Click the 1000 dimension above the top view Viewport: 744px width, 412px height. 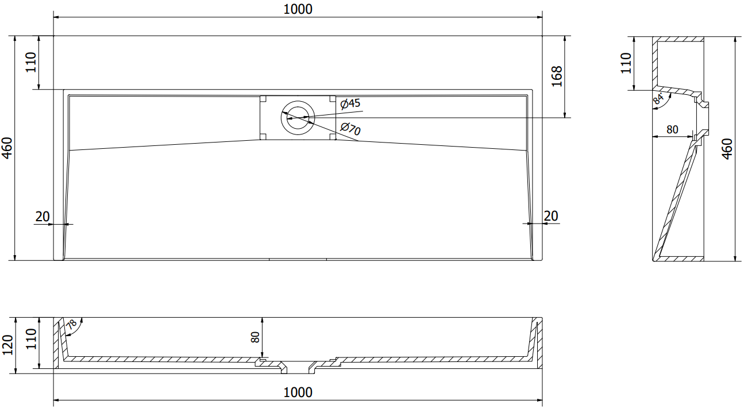coord(298,9)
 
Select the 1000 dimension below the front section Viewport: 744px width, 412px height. coord(298,392)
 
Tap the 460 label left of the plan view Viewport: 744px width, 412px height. coord(7,148)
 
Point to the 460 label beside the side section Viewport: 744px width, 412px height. coord(726,149)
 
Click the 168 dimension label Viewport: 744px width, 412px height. coord(556,76)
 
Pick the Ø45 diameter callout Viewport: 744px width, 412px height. coord(350,103)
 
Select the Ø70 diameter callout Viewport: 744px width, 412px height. coord(350,129)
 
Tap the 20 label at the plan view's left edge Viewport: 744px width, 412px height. coord(43,217)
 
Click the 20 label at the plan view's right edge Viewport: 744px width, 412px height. coord(550,216)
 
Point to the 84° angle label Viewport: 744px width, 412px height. coord(658,98)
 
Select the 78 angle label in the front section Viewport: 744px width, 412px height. coord(71,325)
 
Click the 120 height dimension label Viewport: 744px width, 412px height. coord(7,345)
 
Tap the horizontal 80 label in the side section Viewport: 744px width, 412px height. coord(672,130)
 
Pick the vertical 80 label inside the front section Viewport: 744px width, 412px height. coord(256,337)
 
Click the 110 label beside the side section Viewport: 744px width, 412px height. coord(626,63)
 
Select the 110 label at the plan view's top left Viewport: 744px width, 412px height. coord(30,62)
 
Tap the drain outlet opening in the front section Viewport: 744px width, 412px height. coord(298,366)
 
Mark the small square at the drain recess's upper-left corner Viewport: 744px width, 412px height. coord(263,98)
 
